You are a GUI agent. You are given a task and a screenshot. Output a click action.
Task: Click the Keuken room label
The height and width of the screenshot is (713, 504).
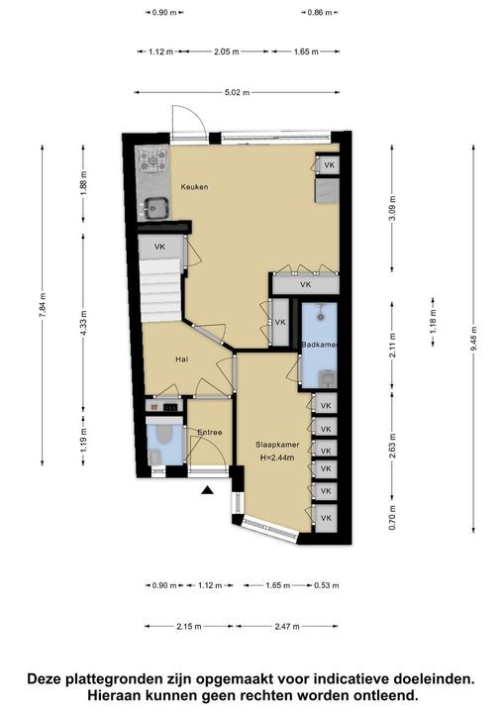pyautogui.click(x=194, y=187)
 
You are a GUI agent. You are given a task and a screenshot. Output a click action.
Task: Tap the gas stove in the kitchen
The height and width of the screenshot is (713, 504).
pyautogui.click(x=152, y=160)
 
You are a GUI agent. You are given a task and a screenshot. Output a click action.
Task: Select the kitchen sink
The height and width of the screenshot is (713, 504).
pyautogui.click(x=155, y=209)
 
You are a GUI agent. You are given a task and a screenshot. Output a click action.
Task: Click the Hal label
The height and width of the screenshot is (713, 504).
pyautogui.click(x=182, y=359)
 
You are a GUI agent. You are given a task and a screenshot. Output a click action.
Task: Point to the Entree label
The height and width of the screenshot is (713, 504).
pyautogui.click(x=210, y=432)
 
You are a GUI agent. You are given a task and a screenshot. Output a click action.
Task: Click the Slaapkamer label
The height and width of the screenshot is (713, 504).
pyautogui.click(x=277, y=445)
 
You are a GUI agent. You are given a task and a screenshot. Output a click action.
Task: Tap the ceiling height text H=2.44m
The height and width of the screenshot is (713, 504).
pyautogui.click(x=277, y=458)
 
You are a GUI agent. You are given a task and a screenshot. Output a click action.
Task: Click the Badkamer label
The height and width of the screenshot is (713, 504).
pyautogui.click(x=319, y=346)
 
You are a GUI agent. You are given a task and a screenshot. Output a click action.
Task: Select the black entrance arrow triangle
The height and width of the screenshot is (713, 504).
pyautogui.click(x=208, y=490)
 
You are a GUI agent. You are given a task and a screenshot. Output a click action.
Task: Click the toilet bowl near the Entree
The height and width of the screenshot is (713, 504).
pyautogui.click(x=163, y=435)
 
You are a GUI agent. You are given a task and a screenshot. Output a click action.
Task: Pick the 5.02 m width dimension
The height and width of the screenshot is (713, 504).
pyautogui.click(x=237, y=93)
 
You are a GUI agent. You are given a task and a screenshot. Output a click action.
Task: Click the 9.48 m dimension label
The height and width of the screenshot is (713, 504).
pyautogui.click(x=473, y=339)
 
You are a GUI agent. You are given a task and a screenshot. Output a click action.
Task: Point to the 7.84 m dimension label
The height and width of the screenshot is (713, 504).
pyautogui.click(x=43, y=305)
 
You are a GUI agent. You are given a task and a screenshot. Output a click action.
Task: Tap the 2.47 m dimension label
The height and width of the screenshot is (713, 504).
pyautogui.click(x=287, y=626)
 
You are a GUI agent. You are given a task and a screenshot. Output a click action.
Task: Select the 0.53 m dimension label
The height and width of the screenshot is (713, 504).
pyautogui.click(x=326, y=585)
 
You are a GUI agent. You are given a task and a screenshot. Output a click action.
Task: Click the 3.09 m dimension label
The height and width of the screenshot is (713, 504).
pyautogui.click(x=392, y=208)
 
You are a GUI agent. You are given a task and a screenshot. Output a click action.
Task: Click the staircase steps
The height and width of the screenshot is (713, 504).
pyautogui.click(x=161, y=290)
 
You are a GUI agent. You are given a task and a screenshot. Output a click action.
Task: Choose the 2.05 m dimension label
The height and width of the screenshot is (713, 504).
pyautogui.click(x=226, y=51)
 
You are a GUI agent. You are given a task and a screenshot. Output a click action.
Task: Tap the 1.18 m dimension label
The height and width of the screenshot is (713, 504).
pyautogui.click(x=433, y=322)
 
